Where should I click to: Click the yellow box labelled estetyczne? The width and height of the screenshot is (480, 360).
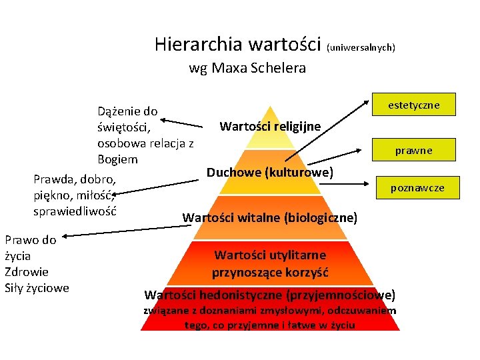[x=413, y=105]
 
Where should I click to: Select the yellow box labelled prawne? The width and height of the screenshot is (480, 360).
[x=413, y=151]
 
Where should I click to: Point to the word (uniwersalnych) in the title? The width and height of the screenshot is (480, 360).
[x=361, y=47]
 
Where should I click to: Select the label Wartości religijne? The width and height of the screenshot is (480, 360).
[x=270, y=126]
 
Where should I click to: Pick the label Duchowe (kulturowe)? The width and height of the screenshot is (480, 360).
[x=270, y=173]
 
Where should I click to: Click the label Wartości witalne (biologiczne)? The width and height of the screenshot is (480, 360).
[x=270, y=217]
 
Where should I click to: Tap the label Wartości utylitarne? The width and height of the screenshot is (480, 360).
[x=270, y=254]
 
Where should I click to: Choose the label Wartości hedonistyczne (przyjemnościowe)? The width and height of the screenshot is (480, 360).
[x=270, y=294]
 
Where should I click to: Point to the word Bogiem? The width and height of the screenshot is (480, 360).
[x=117, y=159]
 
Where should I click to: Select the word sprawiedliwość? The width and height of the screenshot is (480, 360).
[x=75, y=211]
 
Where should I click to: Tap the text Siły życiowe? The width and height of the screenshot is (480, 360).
[x=37, y=288]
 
